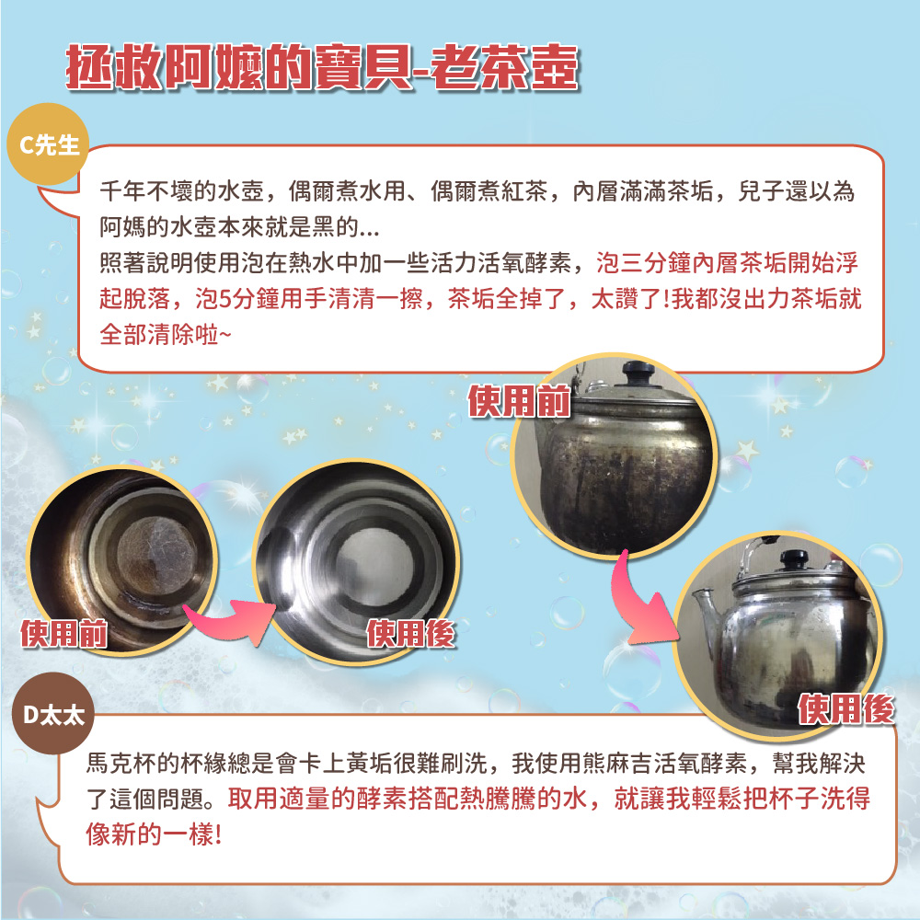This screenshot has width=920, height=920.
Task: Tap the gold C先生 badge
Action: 48,144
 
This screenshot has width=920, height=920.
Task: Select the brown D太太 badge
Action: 53,714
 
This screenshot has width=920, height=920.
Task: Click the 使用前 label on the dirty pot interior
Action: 64,633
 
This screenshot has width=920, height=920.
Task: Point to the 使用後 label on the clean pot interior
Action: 410,633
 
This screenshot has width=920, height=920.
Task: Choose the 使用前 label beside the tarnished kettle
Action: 519,401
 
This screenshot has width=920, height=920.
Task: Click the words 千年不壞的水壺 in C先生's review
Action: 181,191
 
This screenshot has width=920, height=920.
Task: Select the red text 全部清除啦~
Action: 165,335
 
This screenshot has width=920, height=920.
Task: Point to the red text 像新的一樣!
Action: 154,834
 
